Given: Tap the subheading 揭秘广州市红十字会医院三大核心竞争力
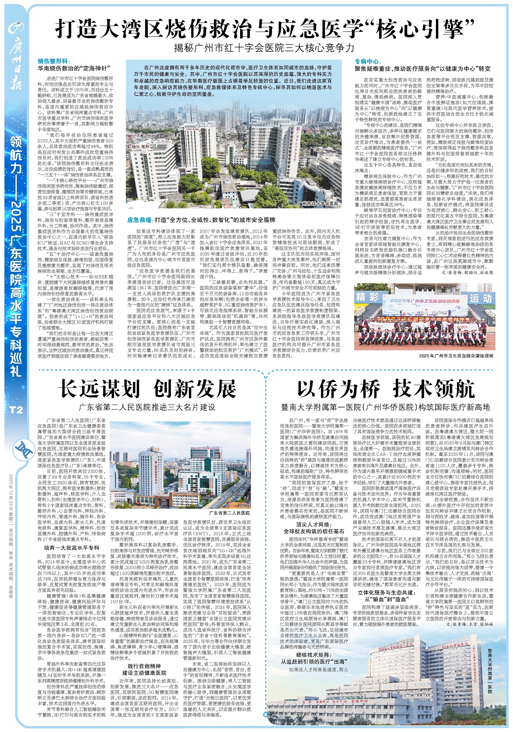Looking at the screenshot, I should [x=264, y=48].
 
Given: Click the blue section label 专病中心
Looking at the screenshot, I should [x=367, y=62].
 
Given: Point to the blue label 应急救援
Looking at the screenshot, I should [x=139, y=220].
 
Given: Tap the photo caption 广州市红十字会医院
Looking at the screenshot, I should [x=317, y=203].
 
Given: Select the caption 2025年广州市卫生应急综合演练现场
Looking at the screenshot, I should [x=456, y=355].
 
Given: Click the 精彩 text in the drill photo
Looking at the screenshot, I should [x=367, y=297].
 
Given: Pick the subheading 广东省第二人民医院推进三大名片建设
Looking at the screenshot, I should [x=147, y=407].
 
